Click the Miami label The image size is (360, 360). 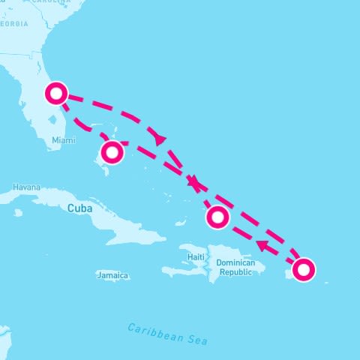click(64, 140)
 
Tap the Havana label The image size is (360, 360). click(26, 187)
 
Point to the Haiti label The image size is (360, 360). click(196, 257)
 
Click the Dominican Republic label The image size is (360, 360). click(235, 268)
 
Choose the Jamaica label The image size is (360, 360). click(112, 275)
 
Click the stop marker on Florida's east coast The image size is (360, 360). click(56, 94)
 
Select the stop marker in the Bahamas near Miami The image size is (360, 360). click(112, 152)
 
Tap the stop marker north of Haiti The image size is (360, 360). click(217, 217)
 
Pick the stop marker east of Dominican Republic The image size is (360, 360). click(304, 269)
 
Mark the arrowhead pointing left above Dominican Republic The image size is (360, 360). click(262, 245)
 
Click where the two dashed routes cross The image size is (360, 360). click(195, 182)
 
